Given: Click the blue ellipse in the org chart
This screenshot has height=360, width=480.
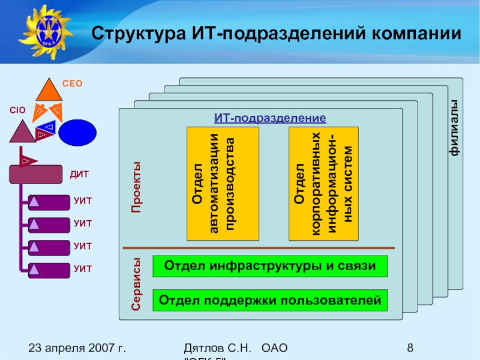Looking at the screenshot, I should [x=77, y=133].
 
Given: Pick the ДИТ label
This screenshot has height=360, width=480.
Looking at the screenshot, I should [x=80, y=175].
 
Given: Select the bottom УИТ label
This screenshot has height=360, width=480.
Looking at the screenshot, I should [x=83, y=268].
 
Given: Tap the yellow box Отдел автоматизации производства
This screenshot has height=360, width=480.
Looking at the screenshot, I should [x=223, y=183].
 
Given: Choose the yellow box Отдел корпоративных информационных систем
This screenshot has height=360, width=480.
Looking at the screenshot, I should [x=323, y=183].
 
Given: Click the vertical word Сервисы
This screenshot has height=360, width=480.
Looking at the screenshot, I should [x=136, y=284].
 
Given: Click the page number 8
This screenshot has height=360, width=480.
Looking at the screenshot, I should [x=410, y=348].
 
